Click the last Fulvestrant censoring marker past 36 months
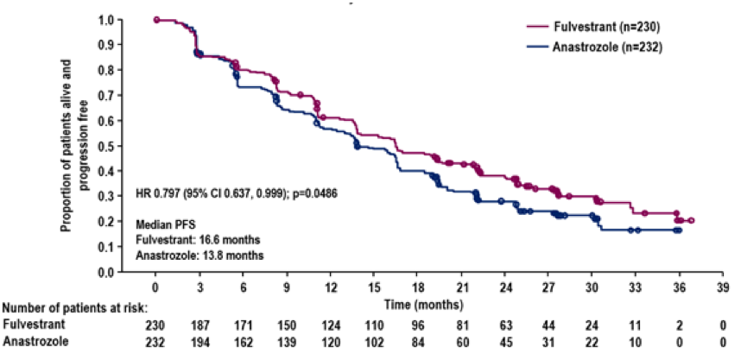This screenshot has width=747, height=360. coord(691,221)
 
